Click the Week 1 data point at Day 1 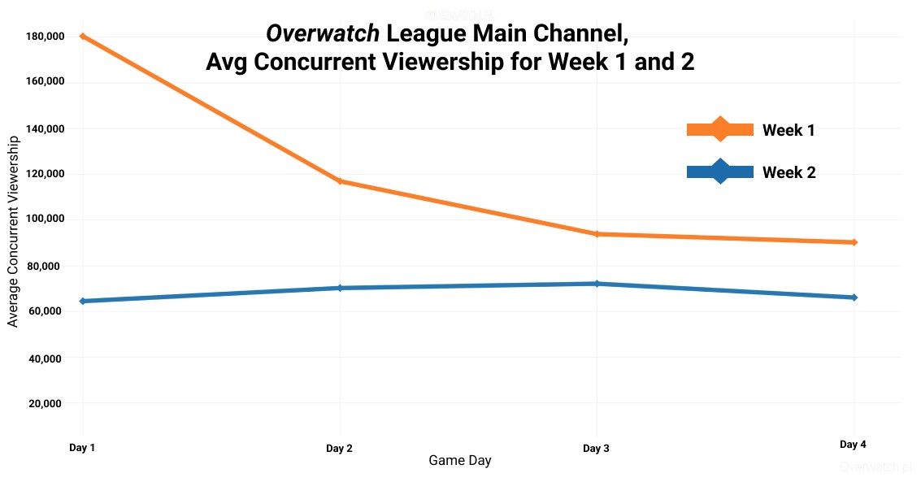(x=83, y=36)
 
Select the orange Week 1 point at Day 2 (x=340, y=181)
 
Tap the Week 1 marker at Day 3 (x=597, y=234)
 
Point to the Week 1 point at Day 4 (x=854, y=242)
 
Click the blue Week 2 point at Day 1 (x=83, y=302)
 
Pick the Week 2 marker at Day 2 (x=340, y=288)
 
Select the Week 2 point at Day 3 (x=597, y=284)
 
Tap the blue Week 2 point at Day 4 (x=854, y=297)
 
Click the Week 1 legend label (x=788, y=130)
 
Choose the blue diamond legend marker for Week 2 (x=720, y=172)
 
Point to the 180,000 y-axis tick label (x=44, y=37)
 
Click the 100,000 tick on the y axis (x=44, y=219)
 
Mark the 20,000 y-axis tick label (x=47, y=403)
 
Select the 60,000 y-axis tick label (x=47, y=311)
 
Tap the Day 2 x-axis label (x=339, y=449)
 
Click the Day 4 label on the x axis (x=853, y=445)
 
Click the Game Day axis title (x=460, y=461)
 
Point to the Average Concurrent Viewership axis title (x=12, y=232)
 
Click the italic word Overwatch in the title (x=323, y=33)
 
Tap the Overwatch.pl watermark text (x=876, y=467)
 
